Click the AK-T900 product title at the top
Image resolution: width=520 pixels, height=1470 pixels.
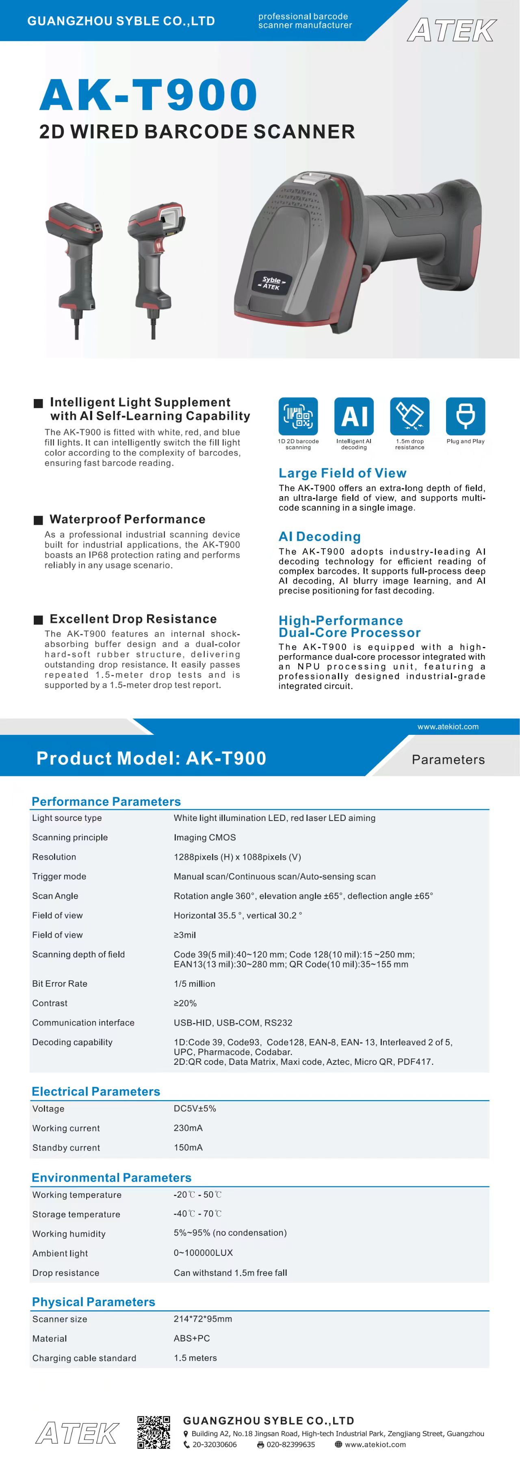[x=148, y=95]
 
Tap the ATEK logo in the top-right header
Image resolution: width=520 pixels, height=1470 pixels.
[x=452, y=30]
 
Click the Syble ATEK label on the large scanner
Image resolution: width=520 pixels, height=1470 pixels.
[x=272, y=283]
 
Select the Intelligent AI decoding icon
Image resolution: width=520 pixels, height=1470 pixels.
[x=353, y=416]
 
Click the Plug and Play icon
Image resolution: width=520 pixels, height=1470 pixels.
[x=465, y=416]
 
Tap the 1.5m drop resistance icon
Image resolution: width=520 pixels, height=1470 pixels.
[x=409, y=416]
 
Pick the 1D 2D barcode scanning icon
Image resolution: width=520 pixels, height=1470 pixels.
[x=298, y=416]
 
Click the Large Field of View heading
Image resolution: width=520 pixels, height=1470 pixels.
[x=342, y=473]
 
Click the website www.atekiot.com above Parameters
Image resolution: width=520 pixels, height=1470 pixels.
[x=448, y=726]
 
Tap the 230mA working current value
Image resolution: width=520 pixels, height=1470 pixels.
[x=188, y=1128]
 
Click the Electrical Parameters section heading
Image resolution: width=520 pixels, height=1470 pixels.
[x=96, y=1092]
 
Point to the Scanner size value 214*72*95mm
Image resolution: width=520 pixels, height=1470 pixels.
[x=202, y=1319]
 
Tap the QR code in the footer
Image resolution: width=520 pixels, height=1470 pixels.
[x=154, y=1432]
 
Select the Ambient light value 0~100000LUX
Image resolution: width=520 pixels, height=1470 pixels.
[x=203, y=1253]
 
